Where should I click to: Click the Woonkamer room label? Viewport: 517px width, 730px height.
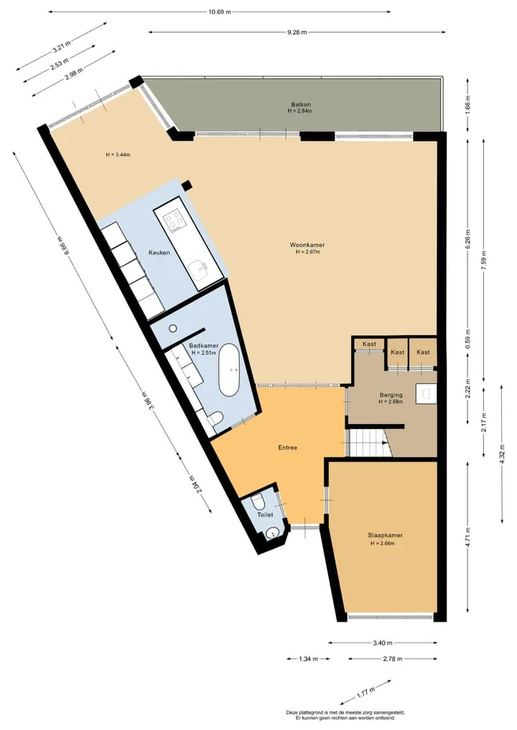coord(307,245)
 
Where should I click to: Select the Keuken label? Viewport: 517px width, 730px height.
coord(159,253)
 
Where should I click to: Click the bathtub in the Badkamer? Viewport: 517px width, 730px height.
coord(229,370)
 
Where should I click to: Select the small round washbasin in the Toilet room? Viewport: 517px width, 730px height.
coord(272,533)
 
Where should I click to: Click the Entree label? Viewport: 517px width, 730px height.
coord(287,448)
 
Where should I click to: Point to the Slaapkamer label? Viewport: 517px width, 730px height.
coord(385,535)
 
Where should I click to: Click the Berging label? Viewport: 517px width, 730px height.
coord(391,396)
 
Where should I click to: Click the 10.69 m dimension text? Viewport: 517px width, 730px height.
coord(220,12)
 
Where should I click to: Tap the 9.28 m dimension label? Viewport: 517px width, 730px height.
coord(297,32)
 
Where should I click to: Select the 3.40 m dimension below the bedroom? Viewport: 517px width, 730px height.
coord(383,643)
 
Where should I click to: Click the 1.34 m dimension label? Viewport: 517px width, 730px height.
coord(308,659)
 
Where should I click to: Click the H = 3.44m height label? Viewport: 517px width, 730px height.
coord(118,154)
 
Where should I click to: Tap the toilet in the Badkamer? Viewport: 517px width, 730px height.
coord(215,418)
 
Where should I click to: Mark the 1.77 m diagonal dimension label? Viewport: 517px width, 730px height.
coord(365,692)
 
